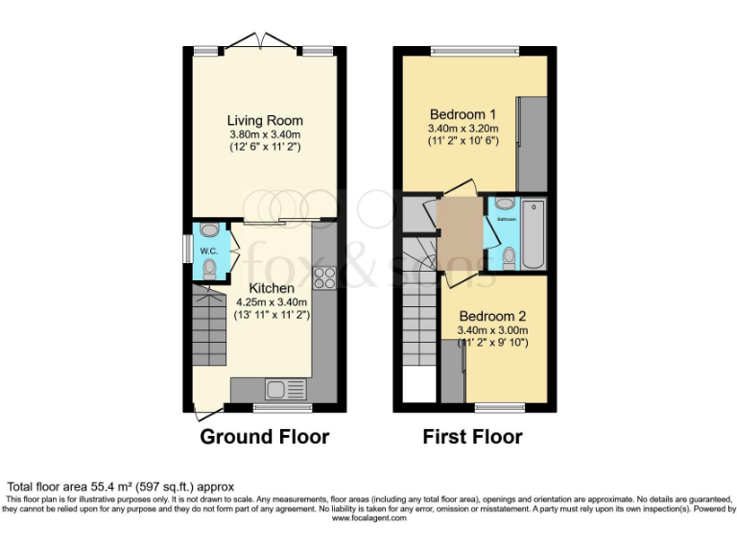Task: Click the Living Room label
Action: [265, 120]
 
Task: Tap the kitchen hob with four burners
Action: [324, 277]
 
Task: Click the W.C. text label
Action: [210, 251]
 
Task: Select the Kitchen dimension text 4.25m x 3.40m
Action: [272, 301]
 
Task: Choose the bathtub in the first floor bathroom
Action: [535, 235]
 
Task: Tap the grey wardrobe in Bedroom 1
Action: [532, 144]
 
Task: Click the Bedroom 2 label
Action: [492, 316]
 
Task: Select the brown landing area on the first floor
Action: [460, 234]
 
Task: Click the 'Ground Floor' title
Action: [264, 437]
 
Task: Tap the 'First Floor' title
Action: [472, 437]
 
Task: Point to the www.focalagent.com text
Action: [368, 517]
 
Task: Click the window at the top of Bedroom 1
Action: [474, 49]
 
